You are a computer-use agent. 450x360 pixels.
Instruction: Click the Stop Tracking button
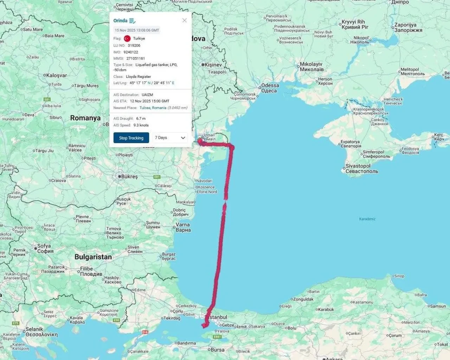pos(131,138)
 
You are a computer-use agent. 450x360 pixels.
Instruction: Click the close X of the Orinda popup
pos(185,20)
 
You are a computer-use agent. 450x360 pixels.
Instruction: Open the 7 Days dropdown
pos(170,138)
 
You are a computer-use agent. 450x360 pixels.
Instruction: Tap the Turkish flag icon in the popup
pos(127,39)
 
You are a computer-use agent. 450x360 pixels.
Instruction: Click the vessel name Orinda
pos(120,21)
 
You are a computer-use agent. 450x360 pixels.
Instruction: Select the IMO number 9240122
pos(131,52)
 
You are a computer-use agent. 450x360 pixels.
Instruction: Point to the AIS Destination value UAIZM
pos(147,95)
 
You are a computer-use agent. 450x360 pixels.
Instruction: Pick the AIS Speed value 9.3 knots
pos(141,125)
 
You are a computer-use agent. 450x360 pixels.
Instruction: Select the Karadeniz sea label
pos(367,219)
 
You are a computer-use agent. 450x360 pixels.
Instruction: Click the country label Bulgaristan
pos(93,257)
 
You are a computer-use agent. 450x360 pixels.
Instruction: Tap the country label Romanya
pos(85,118)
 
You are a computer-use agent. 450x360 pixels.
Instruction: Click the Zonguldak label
pos(303,299)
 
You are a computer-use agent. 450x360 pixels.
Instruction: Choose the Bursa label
pos(218,350)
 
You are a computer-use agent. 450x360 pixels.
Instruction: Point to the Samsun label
pos(438,306)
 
